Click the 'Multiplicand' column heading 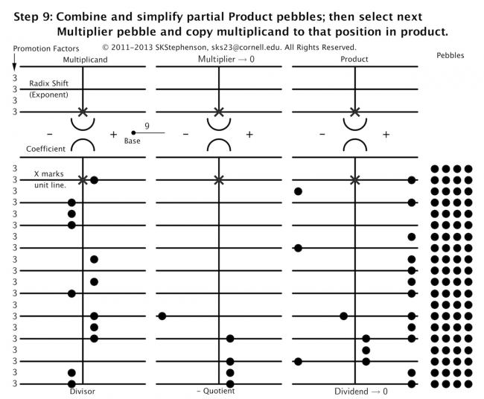85,60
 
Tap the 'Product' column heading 354,59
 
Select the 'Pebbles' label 450,55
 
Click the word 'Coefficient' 45,149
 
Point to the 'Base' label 132,141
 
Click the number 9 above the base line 147,126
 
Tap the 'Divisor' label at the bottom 83,392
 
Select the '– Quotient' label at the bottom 216,391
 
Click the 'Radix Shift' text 48,83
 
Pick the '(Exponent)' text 48,95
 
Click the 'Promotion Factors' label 46,48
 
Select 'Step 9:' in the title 33,16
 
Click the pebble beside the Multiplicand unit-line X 94,180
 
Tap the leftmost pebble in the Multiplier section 162,316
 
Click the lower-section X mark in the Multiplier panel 219,179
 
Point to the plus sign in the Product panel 386,135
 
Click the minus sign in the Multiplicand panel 50,134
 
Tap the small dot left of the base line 133,133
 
